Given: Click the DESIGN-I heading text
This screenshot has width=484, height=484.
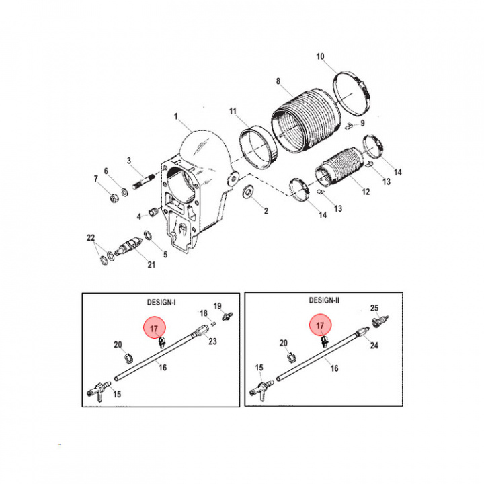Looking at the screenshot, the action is coord(161,302).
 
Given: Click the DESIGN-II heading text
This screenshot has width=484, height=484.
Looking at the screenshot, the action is coord(324,300).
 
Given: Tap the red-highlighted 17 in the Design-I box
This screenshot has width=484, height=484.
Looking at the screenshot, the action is coord(155,329).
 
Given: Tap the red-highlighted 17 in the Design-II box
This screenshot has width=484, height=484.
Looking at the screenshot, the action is coord(320,325).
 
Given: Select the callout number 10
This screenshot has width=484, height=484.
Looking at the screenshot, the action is coord(320,56).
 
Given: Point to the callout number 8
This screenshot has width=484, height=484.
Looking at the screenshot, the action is coord(278,81).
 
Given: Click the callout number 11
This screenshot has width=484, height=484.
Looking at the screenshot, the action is coord(233,111).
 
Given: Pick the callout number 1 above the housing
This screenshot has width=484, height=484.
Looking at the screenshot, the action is coord(176,116).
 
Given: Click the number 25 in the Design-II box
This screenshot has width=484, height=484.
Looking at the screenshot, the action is coord(374,308).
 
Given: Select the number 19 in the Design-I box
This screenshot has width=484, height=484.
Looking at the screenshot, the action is coord(218,306).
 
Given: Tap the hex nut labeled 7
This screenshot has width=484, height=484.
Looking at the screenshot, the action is coord(114,198).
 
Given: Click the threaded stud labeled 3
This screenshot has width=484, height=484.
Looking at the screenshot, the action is coord(145,182).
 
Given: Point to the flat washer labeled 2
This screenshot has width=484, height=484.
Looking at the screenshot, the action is coord(248,192).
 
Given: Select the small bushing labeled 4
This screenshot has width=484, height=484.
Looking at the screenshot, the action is coord(154,212).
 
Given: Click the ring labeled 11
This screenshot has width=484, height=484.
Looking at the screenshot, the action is coord(259,147).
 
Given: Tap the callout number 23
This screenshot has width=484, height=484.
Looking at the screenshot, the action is coord(212,341).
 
